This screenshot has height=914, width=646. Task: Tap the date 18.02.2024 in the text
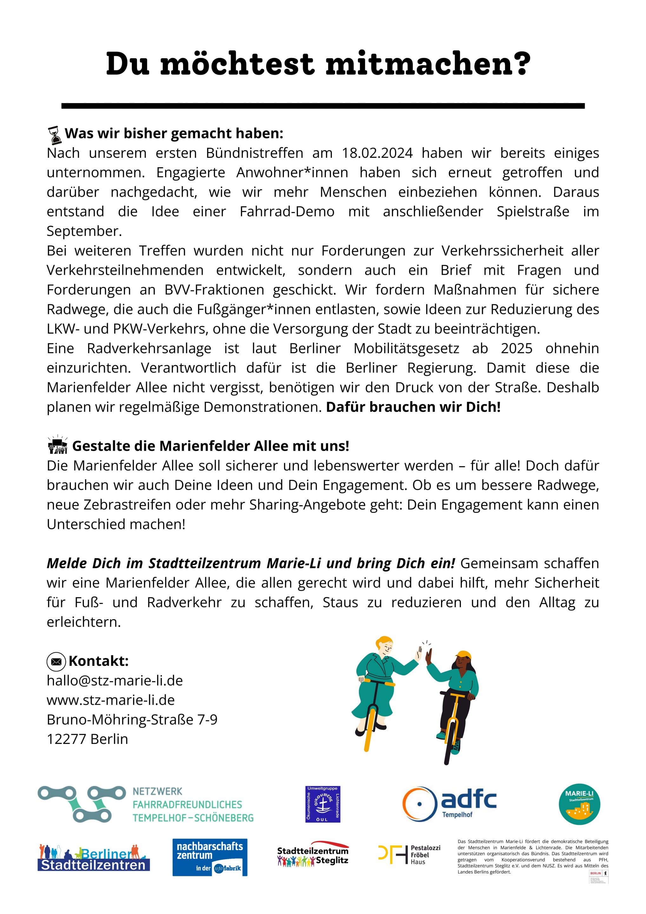tap(377, 153)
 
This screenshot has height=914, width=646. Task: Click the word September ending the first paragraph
tap(84, 231)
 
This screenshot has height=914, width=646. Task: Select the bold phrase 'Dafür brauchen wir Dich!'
tap(413, 407)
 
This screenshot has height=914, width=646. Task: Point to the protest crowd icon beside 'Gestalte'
tap(57, 445)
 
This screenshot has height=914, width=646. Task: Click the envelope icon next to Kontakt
tap(56, 662)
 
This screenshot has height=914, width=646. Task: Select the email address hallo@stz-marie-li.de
tap(115, 681)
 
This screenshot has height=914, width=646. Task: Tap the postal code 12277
tap(67, 739)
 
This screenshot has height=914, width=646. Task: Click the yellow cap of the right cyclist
tap(464, 655)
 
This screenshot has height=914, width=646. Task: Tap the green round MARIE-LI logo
tap(579, 804)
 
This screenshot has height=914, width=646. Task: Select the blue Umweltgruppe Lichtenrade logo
tap(323, 804)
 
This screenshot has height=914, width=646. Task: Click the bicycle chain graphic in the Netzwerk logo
tap(76, 804)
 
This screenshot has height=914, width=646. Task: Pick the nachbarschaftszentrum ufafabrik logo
tap(210, 857)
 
